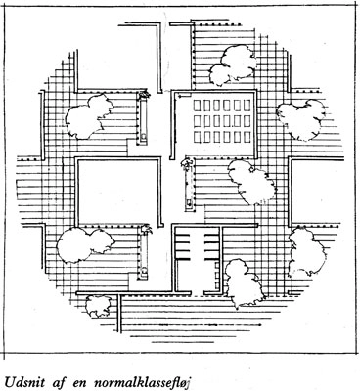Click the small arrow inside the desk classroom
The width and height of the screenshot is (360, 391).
click(183, 97)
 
